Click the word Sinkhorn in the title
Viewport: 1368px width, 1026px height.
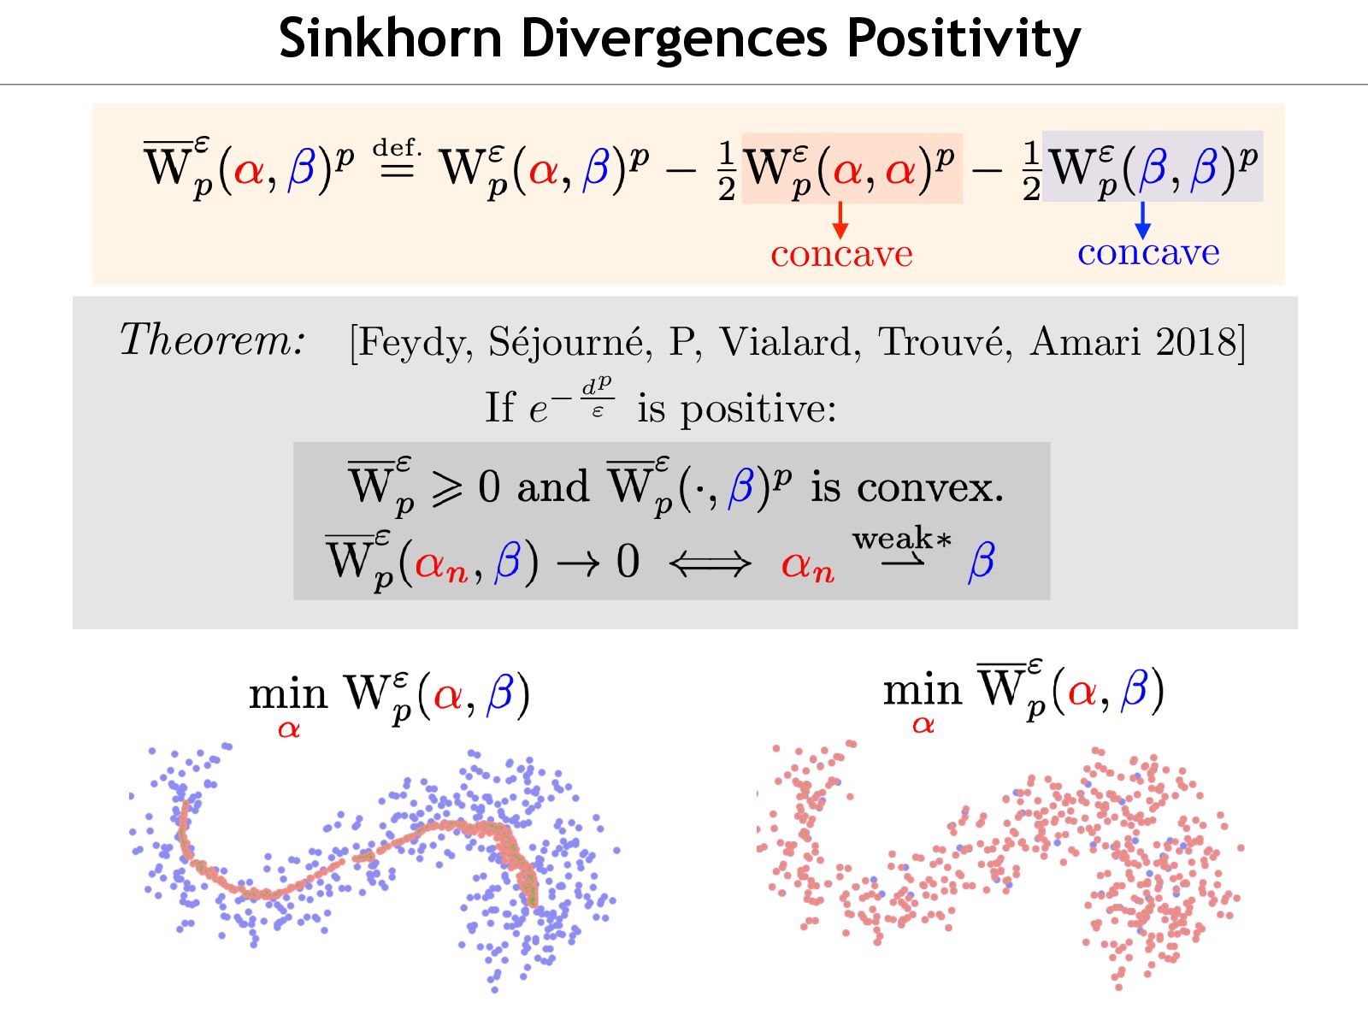pyautogui.click(x=389, y=38)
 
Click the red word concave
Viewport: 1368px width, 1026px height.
pyautogui.click(x=841, y=255)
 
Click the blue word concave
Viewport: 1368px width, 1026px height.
pyautogui.click(x=1148, y=253)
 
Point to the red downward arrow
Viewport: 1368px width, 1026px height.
pyautogui.click(x=840, y=221)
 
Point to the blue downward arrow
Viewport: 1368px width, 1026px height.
pyautogui.click(x=1142, y=221)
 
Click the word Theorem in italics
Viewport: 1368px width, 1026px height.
pyautogui.click(x=212, y=340)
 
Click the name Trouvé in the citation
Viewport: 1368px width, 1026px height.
pyautogui.click(x=945, y=342)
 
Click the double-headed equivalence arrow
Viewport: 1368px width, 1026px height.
pyautogui.click(x=710, y=563)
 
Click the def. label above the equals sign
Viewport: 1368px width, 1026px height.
pyautogui.click(x=397, y=147)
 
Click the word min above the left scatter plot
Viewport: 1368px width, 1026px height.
pyautogui.click(x=288, y=694)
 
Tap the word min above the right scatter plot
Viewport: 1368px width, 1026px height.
pyautogui.click(x=923, y=689)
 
